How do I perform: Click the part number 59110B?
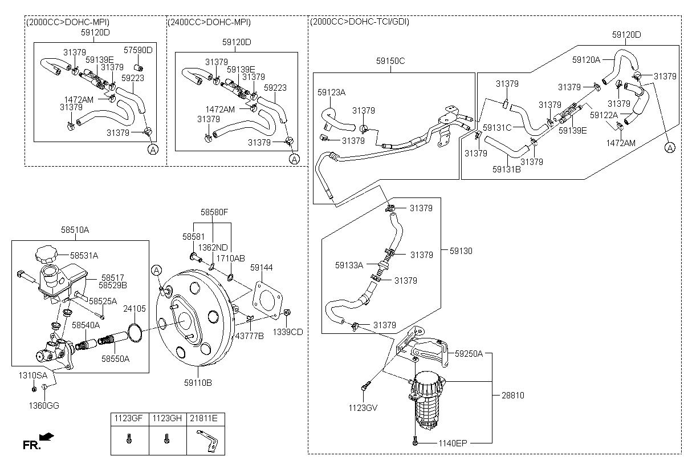(x=198, y=383)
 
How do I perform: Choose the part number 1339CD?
(x=287, y=332)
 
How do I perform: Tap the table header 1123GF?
(x=129, y=419)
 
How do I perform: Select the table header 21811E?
(x=206, y=419)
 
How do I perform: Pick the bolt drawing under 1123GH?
(x=167, y=439)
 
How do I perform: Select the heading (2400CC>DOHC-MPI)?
(x=209, y=22)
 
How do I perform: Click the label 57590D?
(x=139, y=50)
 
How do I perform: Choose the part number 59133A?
(x=349, y=265)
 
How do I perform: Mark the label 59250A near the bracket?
(x=469, y=354)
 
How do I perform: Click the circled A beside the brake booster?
(x=158, y=269)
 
